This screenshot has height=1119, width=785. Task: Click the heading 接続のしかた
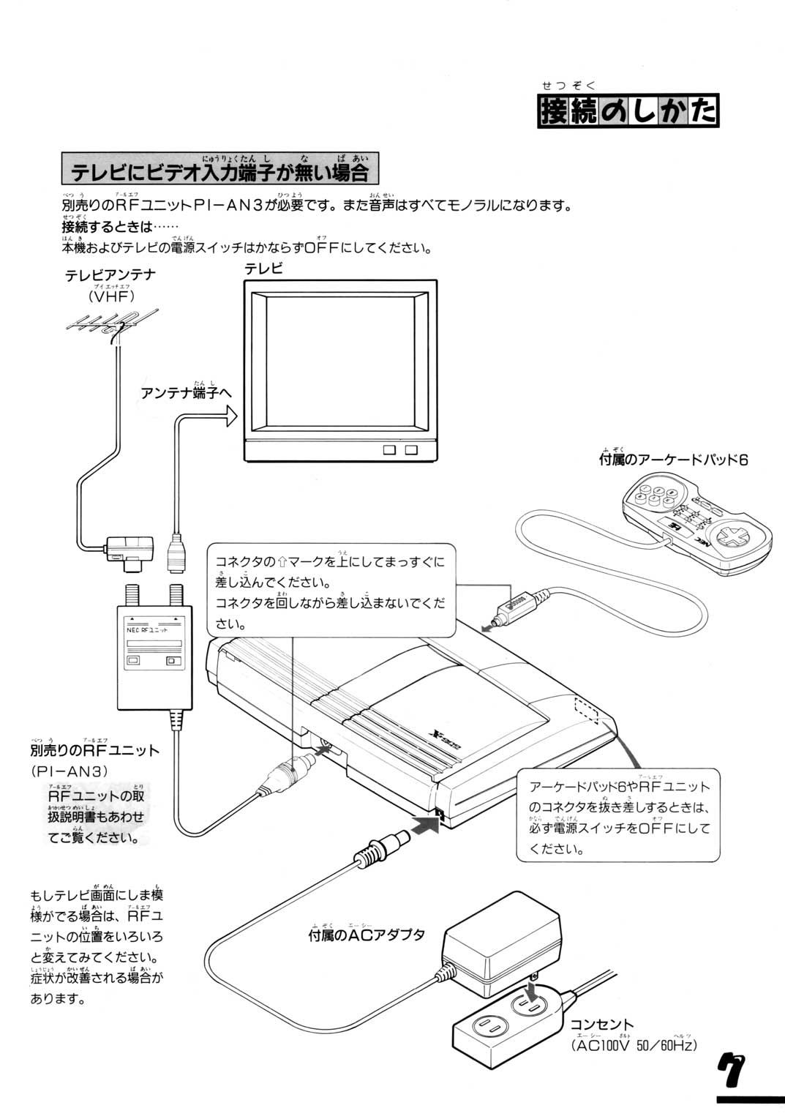[x=628, y=113]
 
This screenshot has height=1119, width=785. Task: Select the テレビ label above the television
[x=263, y=268]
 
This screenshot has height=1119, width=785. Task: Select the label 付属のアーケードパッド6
[x=672, y=460]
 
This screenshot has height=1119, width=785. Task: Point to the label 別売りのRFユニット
[x=95, y=750]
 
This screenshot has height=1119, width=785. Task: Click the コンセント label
[x=601, y=1024]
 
